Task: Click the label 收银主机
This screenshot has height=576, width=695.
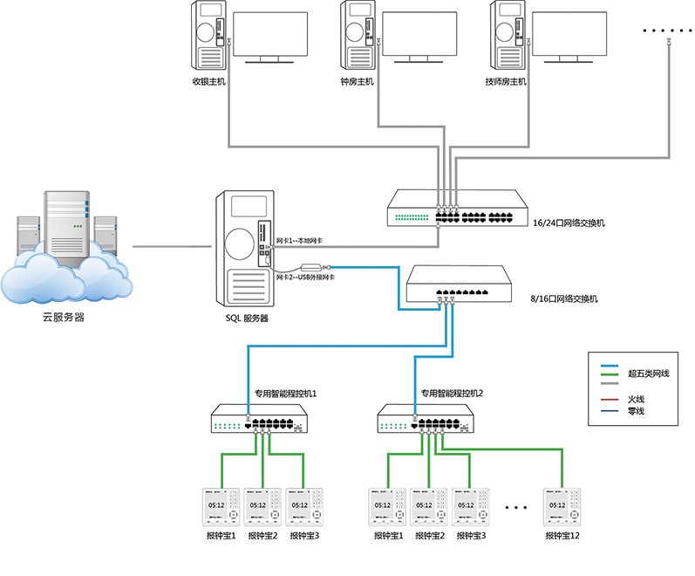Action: click(208, 81)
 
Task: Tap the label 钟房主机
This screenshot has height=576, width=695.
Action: click(357, 81)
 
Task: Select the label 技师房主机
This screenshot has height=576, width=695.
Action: click(507, 81)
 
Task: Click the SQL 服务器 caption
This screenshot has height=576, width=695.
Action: click(246, 319)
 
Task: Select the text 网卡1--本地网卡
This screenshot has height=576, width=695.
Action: click(300, 240)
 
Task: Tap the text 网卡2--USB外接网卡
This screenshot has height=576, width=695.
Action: click(306, 277)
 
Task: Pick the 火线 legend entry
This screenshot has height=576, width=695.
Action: click(636, 399)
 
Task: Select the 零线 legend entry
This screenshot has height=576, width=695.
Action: click(636, 411)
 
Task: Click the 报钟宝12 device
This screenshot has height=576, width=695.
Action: click(562, 507)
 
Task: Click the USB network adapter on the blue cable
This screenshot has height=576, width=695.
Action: click(311, 267)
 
